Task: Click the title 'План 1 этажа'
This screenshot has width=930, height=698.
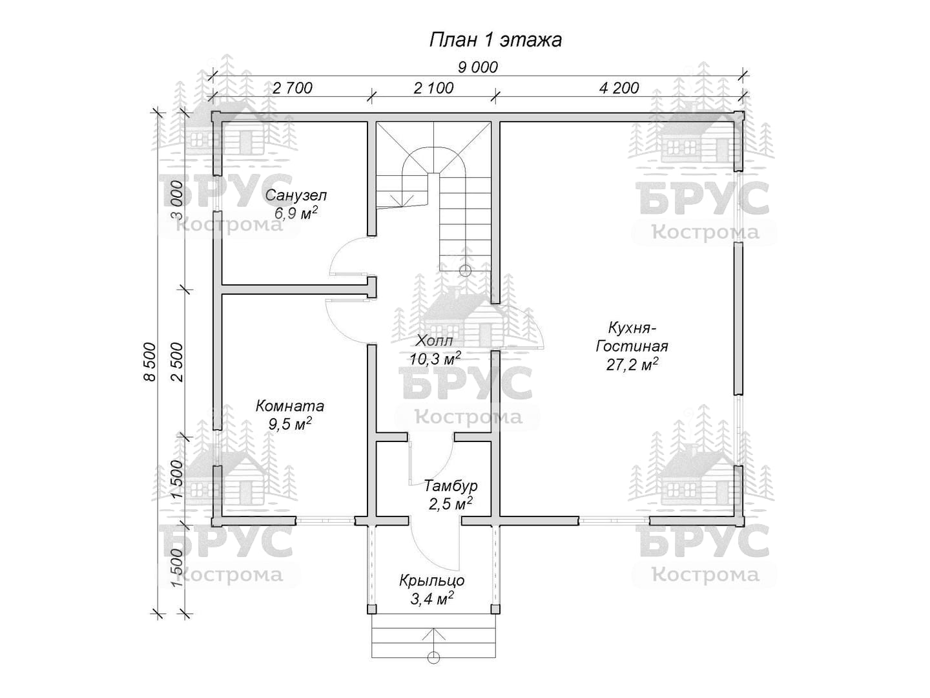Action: point(495,40)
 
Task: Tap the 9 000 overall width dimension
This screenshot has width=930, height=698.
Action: point(478,67)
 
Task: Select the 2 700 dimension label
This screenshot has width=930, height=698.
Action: point(293,88)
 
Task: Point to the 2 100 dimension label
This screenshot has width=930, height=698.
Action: point(433,88)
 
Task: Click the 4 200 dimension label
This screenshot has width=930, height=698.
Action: point(619,88)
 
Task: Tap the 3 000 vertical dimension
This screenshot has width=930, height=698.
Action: point(177,200)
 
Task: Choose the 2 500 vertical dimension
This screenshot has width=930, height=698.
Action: point(177,362)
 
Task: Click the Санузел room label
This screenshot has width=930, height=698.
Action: point(296,195)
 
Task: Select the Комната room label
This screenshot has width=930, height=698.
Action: point(290,406)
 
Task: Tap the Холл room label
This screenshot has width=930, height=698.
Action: point(434,341)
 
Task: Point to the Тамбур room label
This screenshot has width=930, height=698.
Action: point(451,485)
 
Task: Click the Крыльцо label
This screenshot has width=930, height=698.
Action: point(432,580)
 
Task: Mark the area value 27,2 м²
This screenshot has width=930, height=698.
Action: point(632,364)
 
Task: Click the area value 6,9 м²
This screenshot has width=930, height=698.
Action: point(296,213)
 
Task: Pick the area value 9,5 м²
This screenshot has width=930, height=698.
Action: point(290,423)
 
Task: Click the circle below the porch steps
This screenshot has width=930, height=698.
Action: point(433,669)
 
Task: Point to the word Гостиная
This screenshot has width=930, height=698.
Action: point(632,346)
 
